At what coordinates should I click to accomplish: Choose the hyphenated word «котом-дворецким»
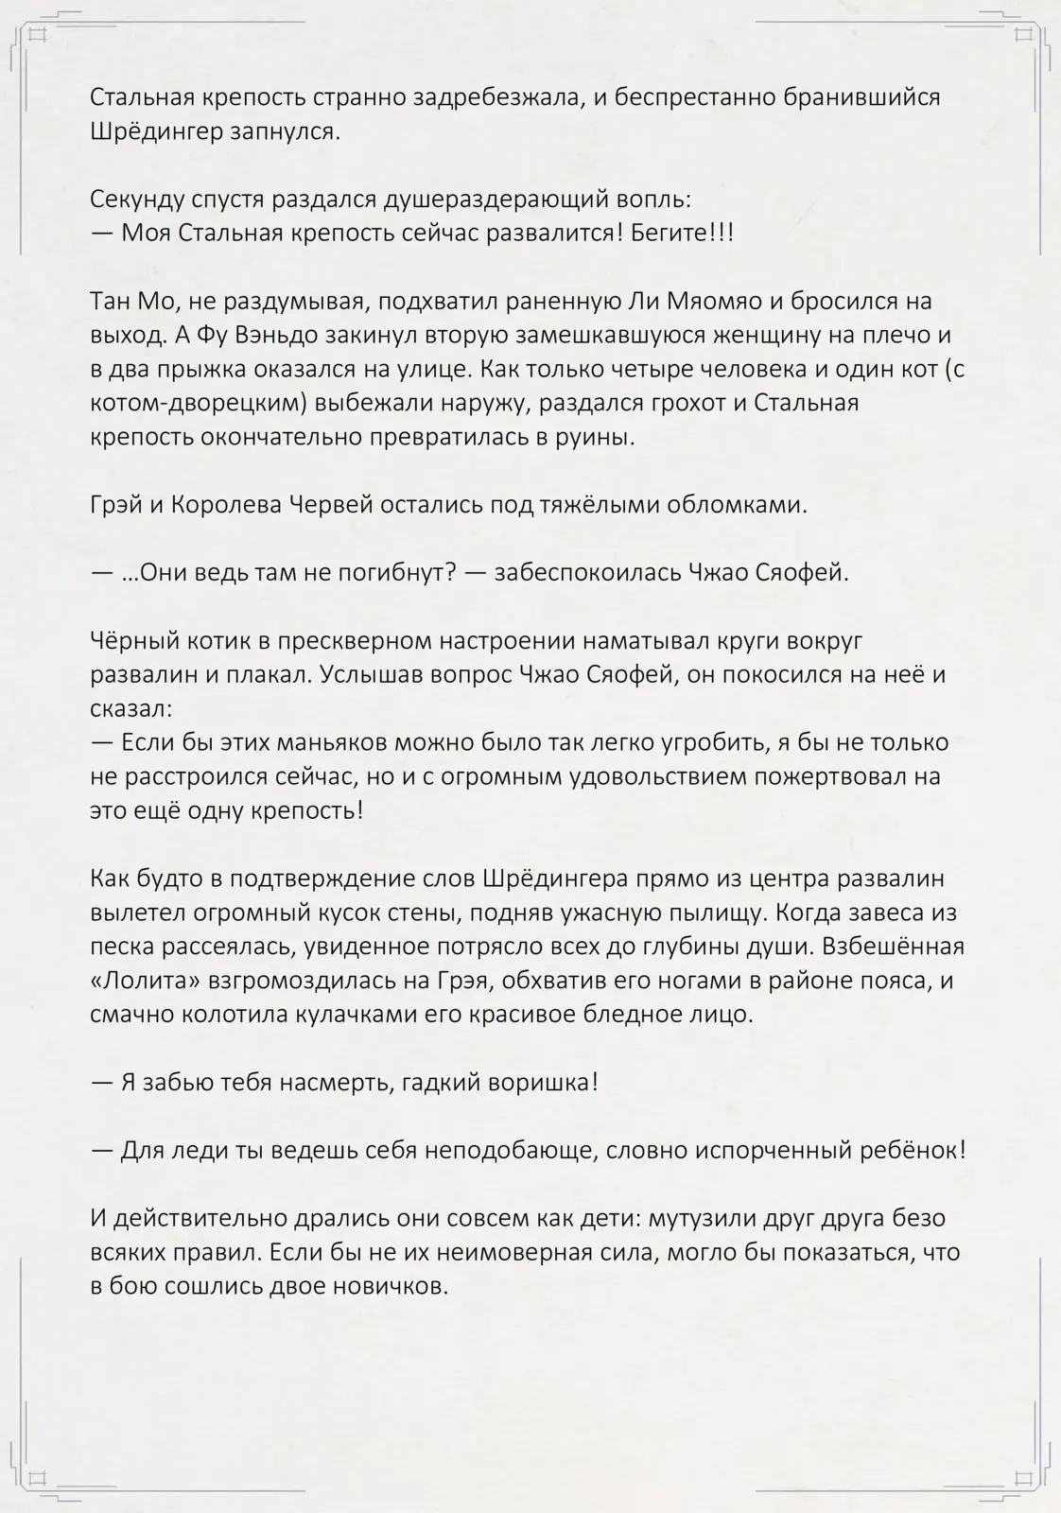(190, 404)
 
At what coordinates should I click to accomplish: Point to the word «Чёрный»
(130, 642)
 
